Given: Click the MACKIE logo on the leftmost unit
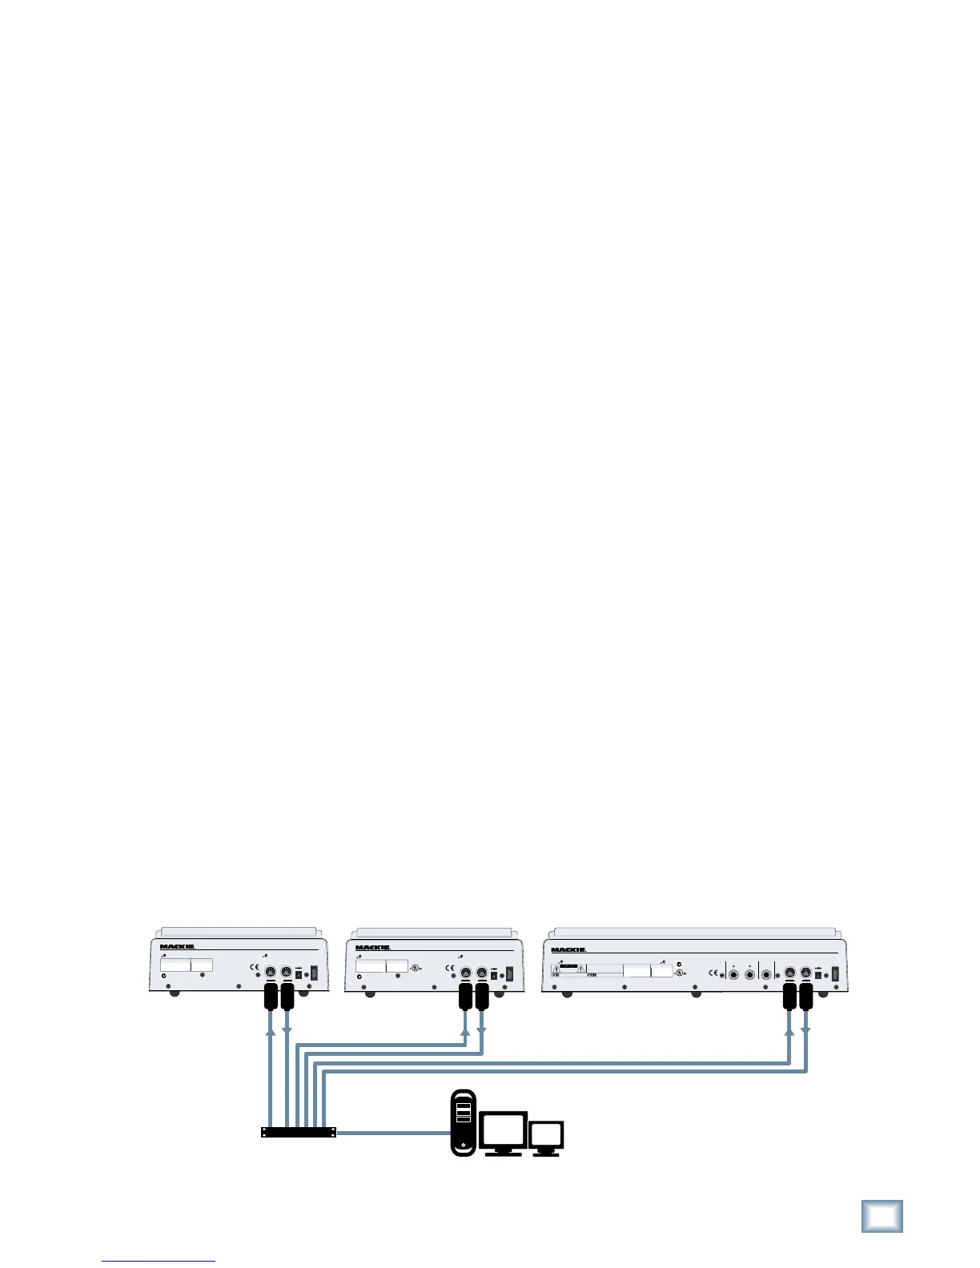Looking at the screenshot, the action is pyautogui.click(x=177, y=946).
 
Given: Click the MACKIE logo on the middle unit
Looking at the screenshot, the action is pyautogui.click(x=373, y=948).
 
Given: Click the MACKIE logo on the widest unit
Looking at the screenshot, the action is pyautogui.click(x=568, y=950).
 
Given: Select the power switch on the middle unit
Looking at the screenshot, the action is pyautogui.click(x=509, y=975).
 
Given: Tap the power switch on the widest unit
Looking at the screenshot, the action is pyautogui.click(x=835, y=976).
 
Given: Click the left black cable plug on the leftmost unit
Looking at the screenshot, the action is pyautogui.click(x=271, y=998).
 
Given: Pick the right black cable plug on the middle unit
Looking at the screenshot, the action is pyautogui.click(x=482, y=998).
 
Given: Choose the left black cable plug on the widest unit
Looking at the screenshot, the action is pyautogui.click(x=789, y=998).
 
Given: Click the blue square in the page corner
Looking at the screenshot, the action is pyautogui.click(x=882, y=1216).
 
